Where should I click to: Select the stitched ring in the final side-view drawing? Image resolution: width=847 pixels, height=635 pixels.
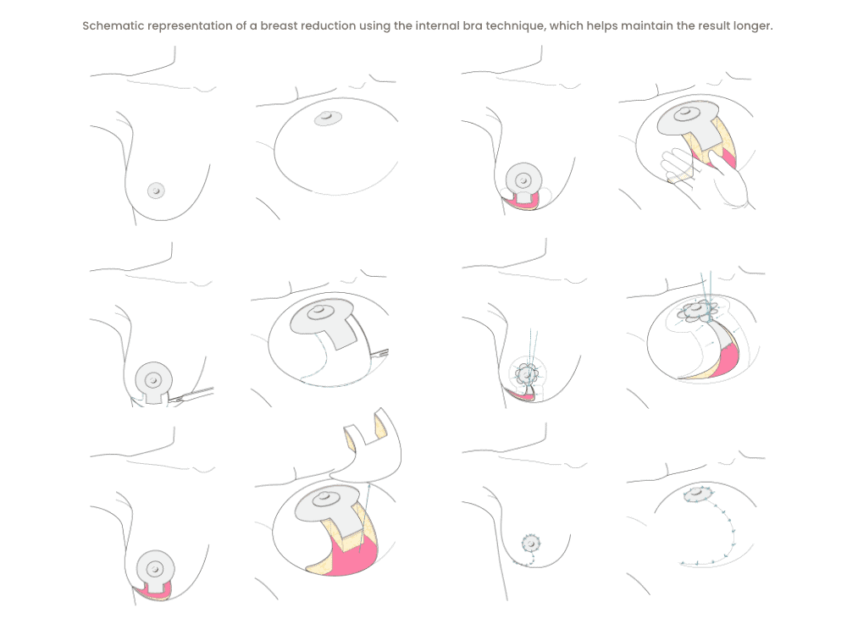point(531,543)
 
